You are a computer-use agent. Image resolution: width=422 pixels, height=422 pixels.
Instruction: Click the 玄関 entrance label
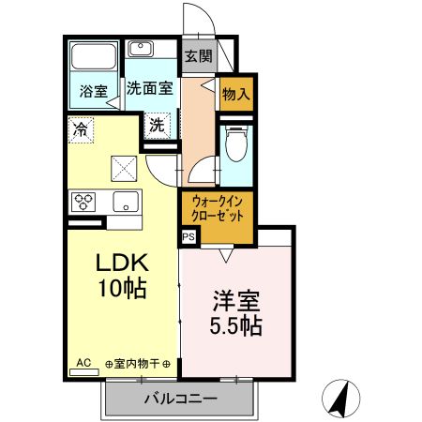tap(198, 55)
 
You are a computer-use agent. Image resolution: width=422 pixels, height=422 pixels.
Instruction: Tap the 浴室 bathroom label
tap(93, 92)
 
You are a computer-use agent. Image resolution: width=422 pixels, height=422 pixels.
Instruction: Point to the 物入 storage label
tap(234, 94)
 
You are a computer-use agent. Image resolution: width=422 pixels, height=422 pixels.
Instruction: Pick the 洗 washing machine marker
tap(157, 124)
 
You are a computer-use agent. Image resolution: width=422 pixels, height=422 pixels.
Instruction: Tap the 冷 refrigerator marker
tap(82, 129)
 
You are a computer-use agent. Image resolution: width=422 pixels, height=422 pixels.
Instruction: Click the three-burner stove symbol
tap(84, 202)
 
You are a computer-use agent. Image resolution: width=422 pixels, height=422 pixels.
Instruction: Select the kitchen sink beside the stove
tap(123, 201)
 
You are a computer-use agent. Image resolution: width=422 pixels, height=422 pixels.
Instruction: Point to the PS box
tap(188, 238)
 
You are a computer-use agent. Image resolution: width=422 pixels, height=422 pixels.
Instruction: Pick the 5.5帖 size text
tap(235, 327)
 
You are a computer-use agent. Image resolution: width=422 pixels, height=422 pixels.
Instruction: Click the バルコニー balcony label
tap(180, 399)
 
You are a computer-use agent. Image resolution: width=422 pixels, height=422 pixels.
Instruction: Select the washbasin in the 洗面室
tap(143, 49)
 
